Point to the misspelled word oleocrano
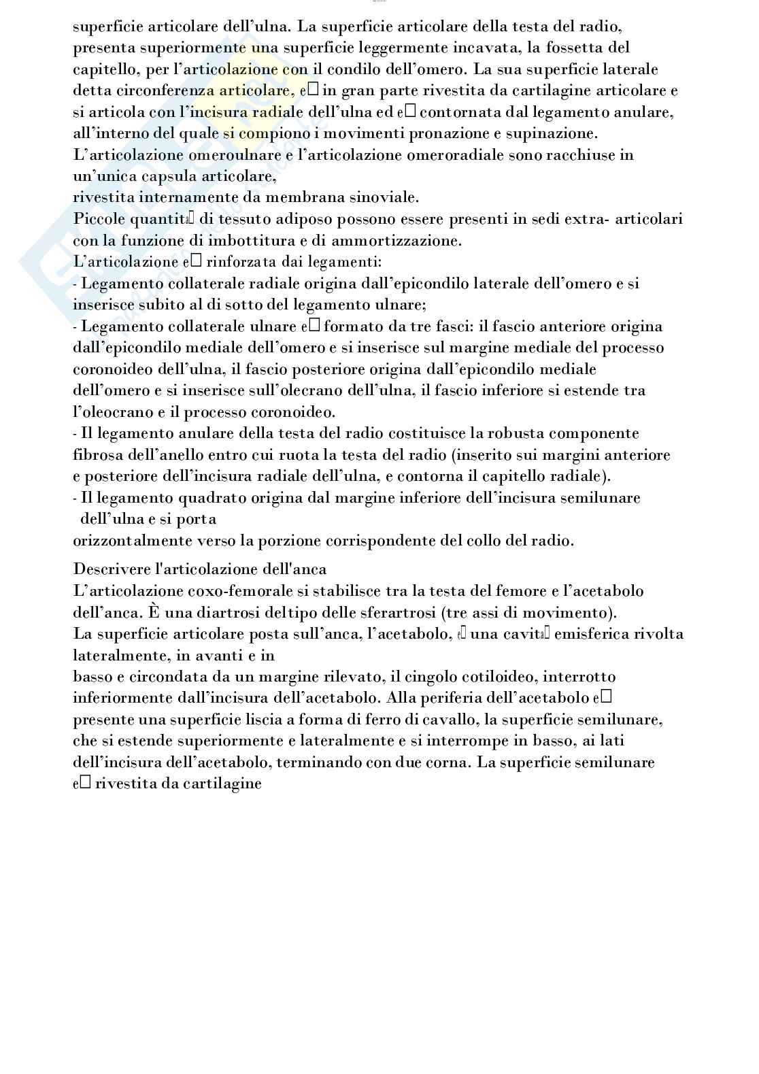112,412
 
